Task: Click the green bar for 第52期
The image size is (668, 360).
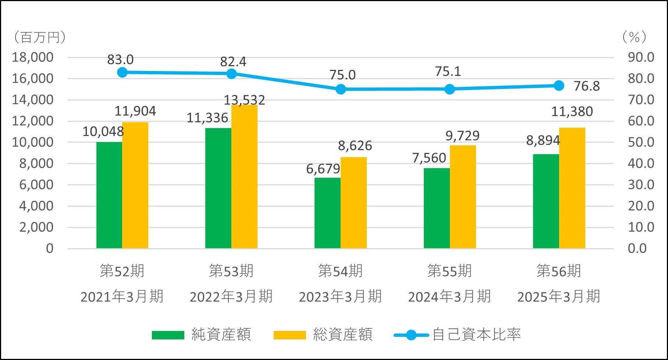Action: click(109, 195)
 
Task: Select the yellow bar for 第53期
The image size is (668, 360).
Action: click(244, 177)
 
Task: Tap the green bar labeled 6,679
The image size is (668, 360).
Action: click(327, 213)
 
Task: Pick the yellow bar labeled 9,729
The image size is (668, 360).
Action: click(463, 197)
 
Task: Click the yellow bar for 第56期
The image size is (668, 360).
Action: click(572, 188)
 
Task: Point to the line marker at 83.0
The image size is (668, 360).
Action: click(122, 72)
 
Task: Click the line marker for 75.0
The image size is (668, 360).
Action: click(341, 89)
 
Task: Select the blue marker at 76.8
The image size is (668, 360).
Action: click(559, 86)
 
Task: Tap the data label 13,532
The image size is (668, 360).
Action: click(244, 100)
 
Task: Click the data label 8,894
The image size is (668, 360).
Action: click(543, 140)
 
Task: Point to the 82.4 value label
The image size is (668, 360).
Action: click(233, 62)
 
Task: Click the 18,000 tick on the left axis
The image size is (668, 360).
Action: click(33, 57)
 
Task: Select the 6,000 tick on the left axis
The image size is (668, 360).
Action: click(36, 185)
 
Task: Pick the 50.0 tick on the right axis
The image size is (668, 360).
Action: click(641, 142)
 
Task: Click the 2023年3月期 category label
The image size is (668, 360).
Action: click(340, 296)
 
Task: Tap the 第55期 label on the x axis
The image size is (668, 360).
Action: click(450, 271)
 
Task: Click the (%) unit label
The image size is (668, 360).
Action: click(634, 37)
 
